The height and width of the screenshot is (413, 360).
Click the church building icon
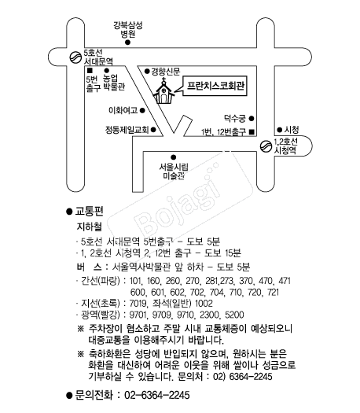(x=163, y=91)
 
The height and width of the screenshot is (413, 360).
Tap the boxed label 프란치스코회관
(x=215, y=86)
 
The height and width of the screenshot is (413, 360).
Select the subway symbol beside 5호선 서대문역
(x=75, y=57)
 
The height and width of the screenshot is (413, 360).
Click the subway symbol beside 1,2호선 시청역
(x=266, y=146)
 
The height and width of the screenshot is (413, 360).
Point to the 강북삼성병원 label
(x=128, y=29)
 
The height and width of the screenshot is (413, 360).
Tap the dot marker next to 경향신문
(x=147, y=72)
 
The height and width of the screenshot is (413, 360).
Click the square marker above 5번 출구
(x=90, y=71)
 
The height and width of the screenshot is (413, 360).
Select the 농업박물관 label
(x=113, y=83)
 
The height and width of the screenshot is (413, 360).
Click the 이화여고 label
(x=123, y=110)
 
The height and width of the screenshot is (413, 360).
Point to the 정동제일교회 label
(x=127, y=130)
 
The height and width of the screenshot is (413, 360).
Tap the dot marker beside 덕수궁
(x=252, y=119)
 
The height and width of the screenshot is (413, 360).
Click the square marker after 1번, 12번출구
(x=252, y=131)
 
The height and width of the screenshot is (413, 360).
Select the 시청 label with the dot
(x=288, y=130)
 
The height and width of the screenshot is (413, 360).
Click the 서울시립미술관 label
(x=174, y=171)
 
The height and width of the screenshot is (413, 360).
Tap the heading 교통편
(x=89, y=212)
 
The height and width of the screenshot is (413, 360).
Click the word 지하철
(x=89, y=227)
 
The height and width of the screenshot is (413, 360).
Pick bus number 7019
(x=138, y=304)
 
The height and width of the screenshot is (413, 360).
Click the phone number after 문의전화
(x=157, y=395)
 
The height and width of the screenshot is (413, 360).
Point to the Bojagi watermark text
(x=179, y=202)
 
